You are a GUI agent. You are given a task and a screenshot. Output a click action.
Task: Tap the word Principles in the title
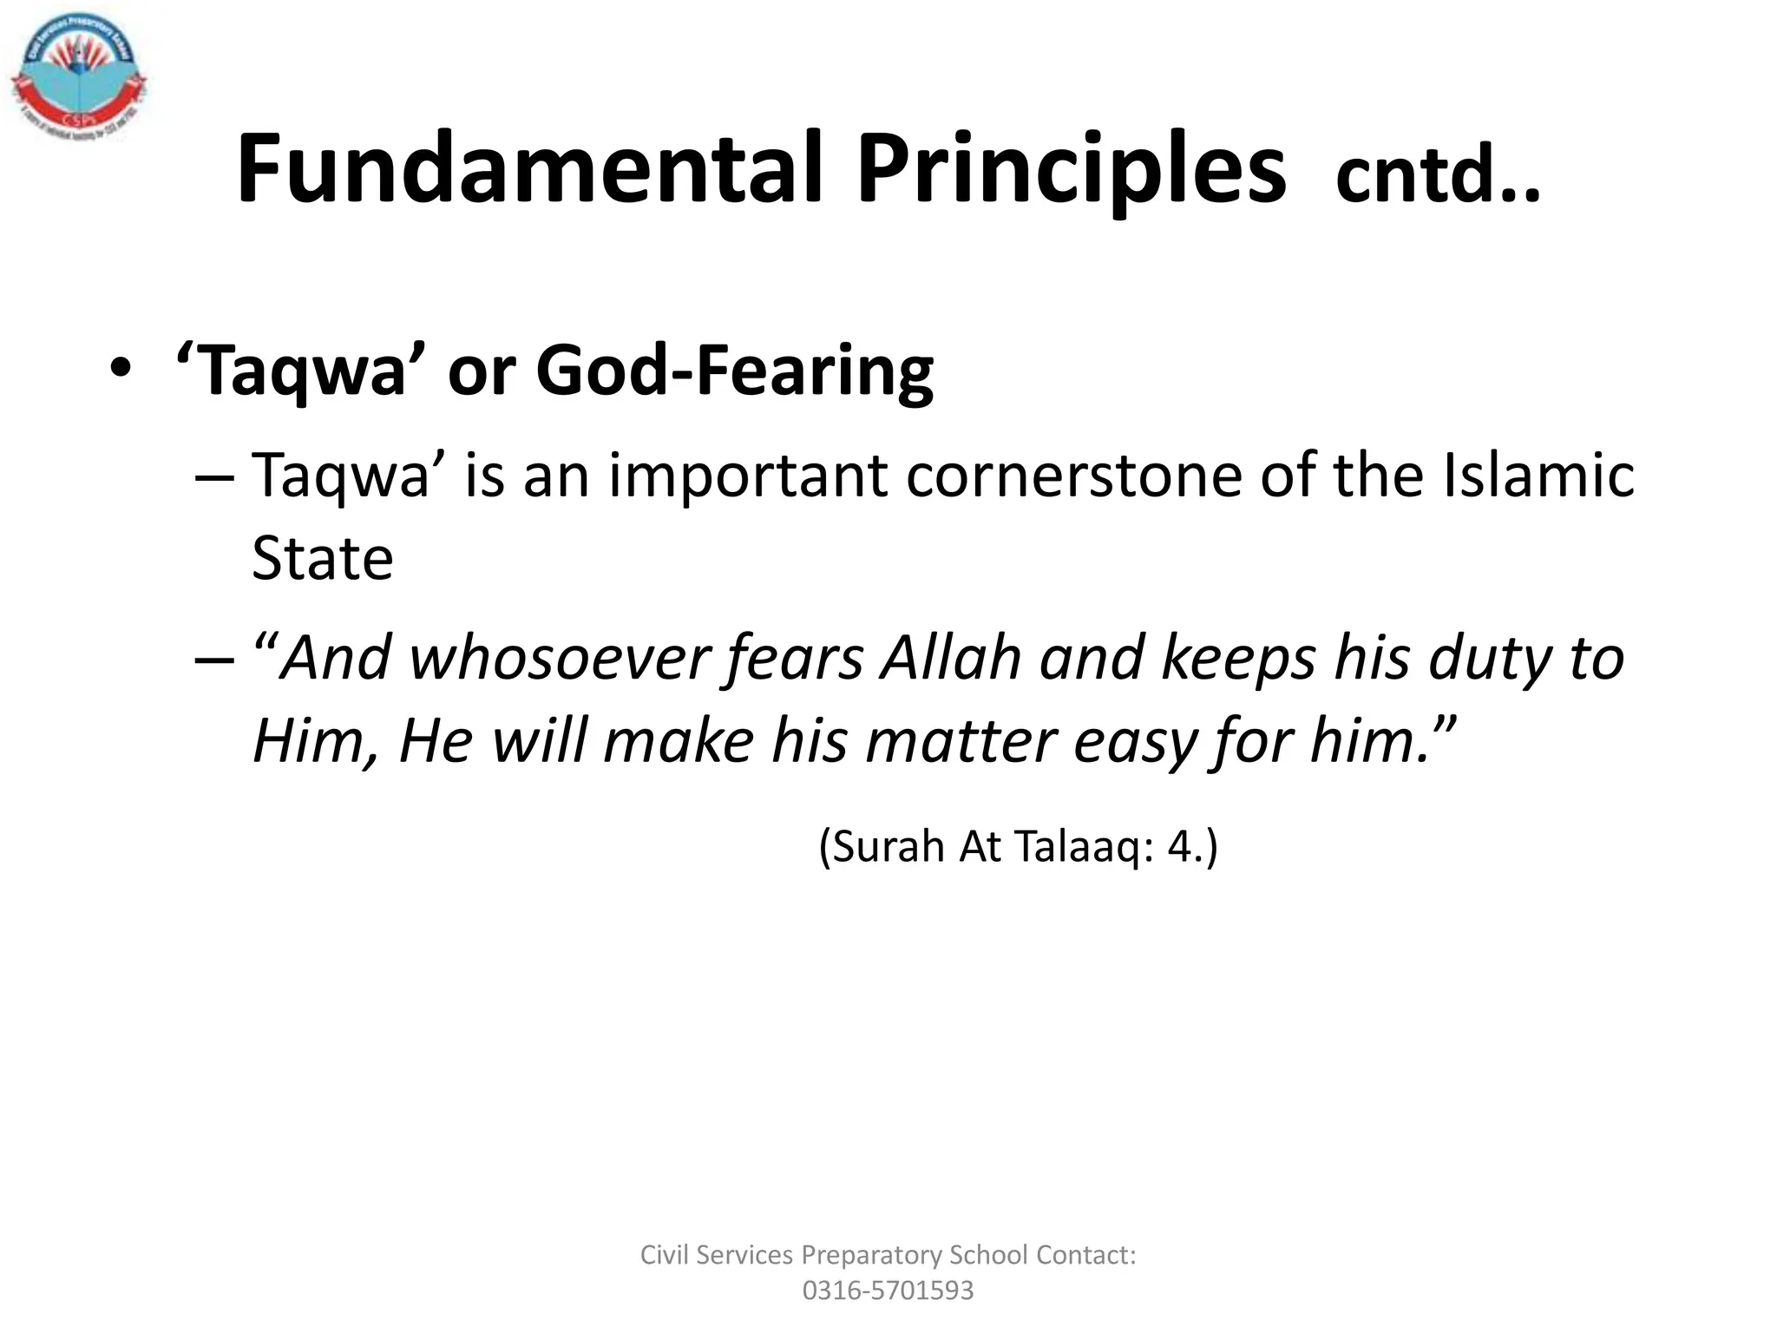pyautogui.click(x=1071, y=169)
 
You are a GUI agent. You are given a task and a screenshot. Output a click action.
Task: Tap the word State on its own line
pyautogui.click(x=322, y=558)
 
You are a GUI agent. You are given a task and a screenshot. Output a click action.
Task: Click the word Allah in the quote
pyautogui.click(x=951, y=659)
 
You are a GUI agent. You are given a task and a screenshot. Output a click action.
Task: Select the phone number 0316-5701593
pyautogui.click(x=888, y=1290)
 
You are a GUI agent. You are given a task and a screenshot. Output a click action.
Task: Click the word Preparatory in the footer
pyautogui.click(x=871, y=1255)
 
